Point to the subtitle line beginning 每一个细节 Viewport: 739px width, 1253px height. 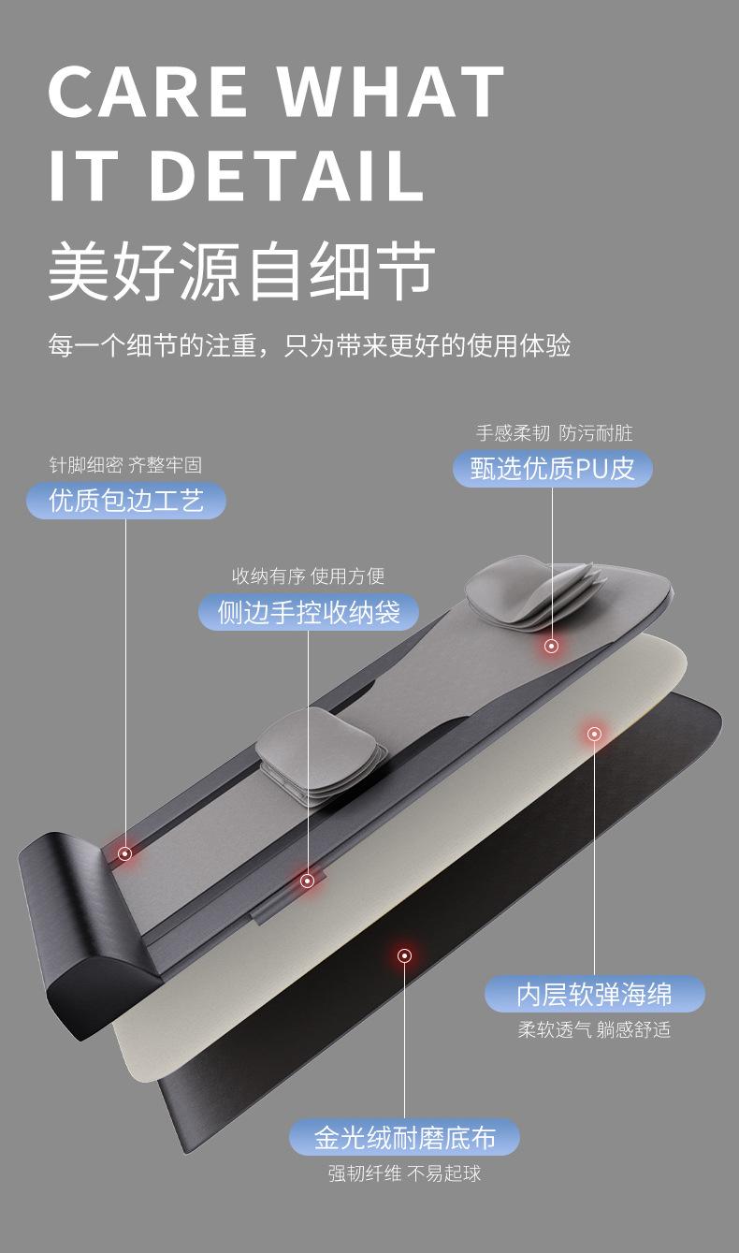[x=309, y=345]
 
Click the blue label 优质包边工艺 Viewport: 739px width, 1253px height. [x=125, y=500]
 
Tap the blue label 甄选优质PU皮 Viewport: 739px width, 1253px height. [x=552, y=468]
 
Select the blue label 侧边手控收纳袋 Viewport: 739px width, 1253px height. [x=308, y=612]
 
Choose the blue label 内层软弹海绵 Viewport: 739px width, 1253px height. [x=594, y=993]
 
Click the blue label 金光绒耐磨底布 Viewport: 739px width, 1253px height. [x=404, y=1138]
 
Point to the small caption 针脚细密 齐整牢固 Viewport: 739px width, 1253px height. [x=125, y=464]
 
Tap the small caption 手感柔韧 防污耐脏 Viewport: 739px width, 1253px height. [x=554, y=432]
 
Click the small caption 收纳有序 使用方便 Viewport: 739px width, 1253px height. [x=308, y=576]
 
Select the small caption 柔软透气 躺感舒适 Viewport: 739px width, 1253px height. [x=594, y=1029]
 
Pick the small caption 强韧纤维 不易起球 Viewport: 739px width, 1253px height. [x=404, y=1173]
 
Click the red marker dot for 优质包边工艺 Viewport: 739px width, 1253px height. [x=124, y=852]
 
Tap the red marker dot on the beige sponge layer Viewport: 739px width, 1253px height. [x=594, y=734]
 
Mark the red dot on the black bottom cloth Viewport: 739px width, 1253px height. [x=404, y=955]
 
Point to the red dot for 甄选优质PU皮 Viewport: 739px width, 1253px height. [x=552, y=646]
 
